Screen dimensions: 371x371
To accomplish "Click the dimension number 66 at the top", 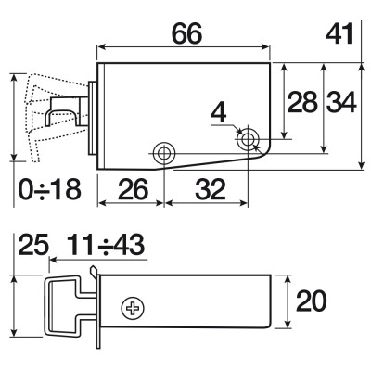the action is pos(186,33).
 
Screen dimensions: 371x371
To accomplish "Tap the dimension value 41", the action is pos(339,33).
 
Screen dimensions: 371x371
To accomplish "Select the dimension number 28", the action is pos(302,101).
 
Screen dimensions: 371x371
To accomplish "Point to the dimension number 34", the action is pos(341,101).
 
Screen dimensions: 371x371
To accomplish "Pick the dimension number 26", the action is pos(134,189).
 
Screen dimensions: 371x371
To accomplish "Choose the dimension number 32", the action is pos(211,189).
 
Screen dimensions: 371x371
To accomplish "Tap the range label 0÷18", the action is pos(50,189).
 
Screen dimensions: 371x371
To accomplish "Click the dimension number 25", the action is pos(33,244).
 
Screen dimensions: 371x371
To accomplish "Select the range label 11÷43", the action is pos(106,244).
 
